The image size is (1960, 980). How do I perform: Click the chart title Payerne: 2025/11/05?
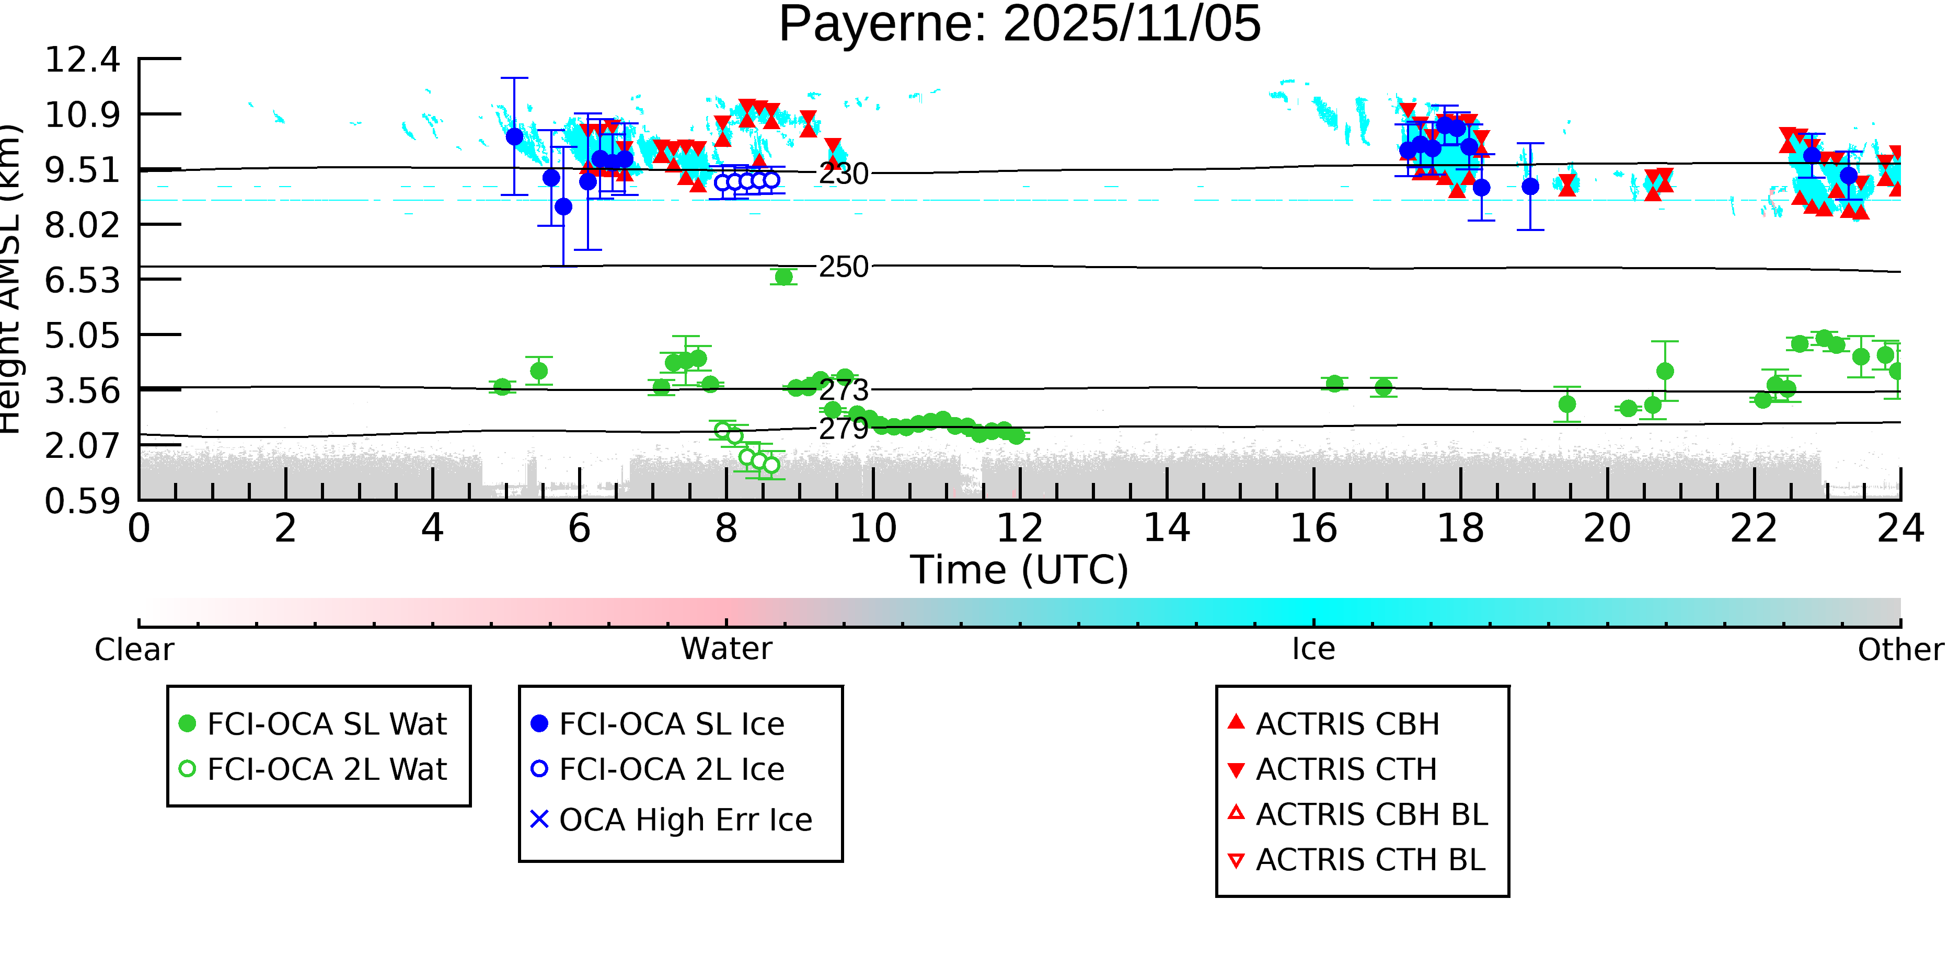1020,25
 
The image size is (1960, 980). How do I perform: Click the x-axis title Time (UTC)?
1020,570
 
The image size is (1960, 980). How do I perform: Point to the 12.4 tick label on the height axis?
82,60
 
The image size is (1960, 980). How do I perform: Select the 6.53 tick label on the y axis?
82,281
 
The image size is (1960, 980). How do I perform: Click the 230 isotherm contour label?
843,174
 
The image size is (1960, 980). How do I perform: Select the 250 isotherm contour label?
843,267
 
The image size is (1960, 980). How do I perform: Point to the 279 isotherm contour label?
843,429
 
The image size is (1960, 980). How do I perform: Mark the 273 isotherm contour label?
843,390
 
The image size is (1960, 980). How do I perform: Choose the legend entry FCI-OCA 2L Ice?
671,769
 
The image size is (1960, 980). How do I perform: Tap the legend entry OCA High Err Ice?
685,820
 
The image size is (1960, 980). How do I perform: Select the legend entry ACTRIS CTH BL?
1369,860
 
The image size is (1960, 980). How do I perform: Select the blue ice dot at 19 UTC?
1530,187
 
